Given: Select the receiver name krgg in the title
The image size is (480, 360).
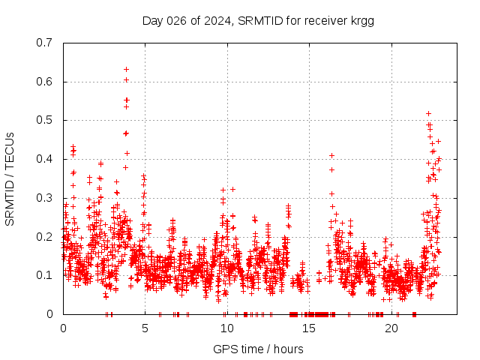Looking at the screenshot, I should [361, 20].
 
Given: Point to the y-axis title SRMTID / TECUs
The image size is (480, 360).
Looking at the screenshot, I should [10, 178].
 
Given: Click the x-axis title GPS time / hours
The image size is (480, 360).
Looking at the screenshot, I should [258, 349].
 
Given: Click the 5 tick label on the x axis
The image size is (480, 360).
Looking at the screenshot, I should [145, 328].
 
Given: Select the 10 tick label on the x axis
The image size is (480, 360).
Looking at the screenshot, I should [226, 328].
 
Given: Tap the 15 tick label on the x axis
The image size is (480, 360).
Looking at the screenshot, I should [308, 328].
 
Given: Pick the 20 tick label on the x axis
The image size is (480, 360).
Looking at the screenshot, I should [391, 328].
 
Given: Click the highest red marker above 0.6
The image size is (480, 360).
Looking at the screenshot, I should [126, 69].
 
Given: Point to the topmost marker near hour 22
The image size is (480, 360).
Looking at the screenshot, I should [428, 113].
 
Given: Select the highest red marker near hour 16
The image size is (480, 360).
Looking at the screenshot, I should [331, 155].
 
